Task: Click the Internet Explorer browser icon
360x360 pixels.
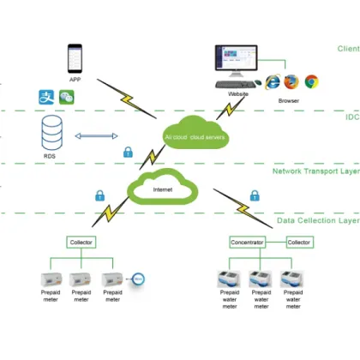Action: click(x=273, y=81)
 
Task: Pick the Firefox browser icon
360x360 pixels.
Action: click(x=292, y=81)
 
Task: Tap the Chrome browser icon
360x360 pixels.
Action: click(x=312, y=81)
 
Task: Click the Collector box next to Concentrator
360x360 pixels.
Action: click(x=298, y=243)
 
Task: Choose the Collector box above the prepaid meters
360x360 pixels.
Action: click(x=81, y=243)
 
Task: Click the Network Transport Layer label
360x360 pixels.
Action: click(x=315, y=171)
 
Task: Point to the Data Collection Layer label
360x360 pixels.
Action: click(x=317, y=221)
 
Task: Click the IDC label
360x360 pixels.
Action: click(x=351, y=117)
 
